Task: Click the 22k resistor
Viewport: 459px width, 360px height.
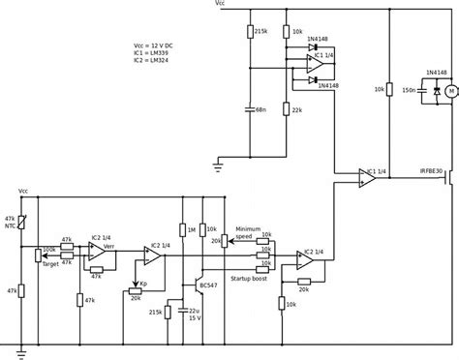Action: tap(287, 109)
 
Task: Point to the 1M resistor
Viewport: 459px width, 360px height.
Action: tap(181, 229)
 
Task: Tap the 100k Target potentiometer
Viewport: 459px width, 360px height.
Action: tap(39, 255)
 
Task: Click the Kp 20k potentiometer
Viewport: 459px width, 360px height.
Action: tap(135, 289)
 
